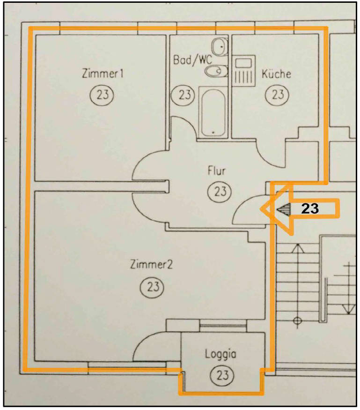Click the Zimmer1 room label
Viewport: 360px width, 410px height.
point(103,74)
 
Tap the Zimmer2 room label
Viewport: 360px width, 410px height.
point(151,264)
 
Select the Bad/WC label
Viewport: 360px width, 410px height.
point(192,60)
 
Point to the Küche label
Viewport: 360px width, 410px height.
point(276,74)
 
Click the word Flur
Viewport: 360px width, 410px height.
point(217,171)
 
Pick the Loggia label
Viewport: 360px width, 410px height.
point(220,354)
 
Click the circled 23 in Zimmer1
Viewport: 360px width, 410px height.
point(102,94)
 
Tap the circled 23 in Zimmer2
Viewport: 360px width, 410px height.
point(152,287)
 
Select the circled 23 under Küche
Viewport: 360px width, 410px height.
point(277,94)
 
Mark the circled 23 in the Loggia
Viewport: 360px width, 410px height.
point(222,375)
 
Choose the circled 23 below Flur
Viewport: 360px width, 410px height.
point(220,191)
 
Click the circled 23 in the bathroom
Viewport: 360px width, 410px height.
point(183,95)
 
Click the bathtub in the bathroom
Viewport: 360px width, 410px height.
point(213,112)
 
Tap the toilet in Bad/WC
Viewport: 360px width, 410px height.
point(216,71)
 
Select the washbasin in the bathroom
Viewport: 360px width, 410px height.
point(220,47)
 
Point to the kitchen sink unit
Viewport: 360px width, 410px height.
point(243,71)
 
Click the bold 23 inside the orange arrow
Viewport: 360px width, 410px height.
point(310,209)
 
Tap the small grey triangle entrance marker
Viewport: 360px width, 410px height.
point(284,209)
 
